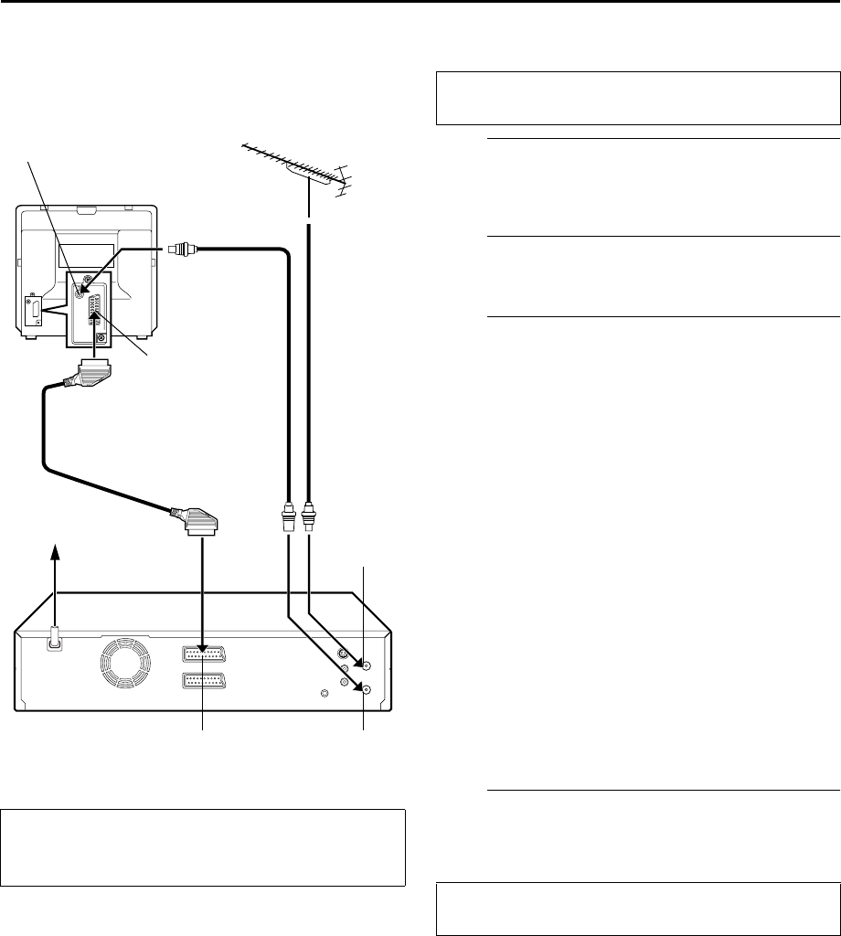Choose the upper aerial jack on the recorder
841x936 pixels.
click(366, 666)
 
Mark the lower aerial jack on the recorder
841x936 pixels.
click(366, 690)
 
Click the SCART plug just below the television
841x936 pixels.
click(97, 374)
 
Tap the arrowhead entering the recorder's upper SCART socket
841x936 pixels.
click(202, 647)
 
